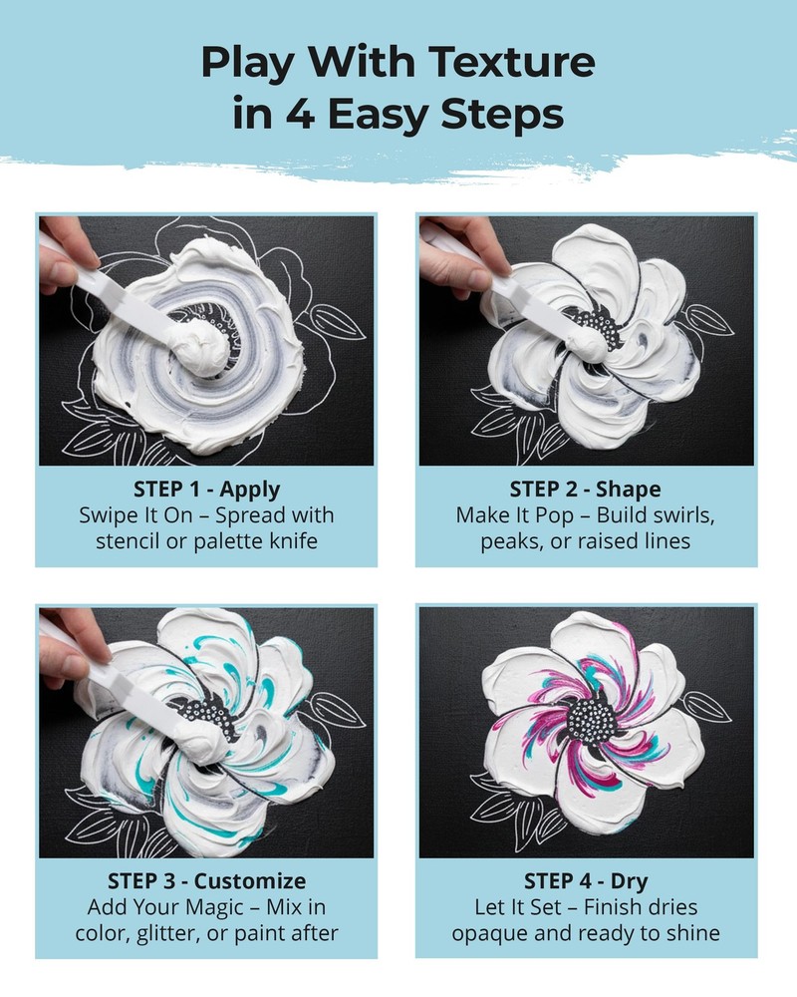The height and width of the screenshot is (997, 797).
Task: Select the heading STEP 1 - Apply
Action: [206, 490]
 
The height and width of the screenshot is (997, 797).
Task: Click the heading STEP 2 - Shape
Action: [586, 490]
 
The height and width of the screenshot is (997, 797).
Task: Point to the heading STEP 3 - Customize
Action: [206, 881]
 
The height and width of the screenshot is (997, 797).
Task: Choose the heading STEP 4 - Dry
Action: [586, 881]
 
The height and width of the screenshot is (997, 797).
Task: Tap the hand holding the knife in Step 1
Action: [62, 253]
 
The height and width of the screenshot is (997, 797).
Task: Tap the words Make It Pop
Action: [509, 516]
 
